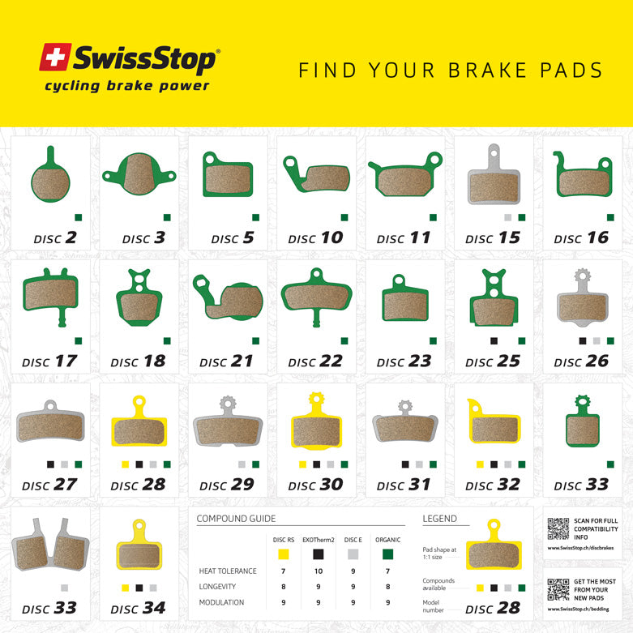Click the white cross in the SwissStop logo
click(x=54, y=58)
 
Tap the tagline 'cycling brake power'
click(x=126, y=86)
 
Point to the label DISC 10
click(x=315, y=238)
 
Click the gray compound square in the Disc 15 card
click(x=507, y=217)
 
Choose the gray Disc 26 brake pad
click(x=582, y=302)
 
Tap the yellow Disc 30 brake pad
click(x=316, y=425)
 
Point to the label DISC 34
click(x=139, y=608)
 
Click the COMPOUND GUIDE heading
click(x=236, y=519)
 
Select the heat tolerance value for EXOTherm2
click(x=318, y=571)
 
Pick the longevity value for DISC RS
click(x=282, y=586)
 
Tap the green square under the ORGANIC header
click(x=388, y=555)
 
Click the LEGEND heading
click(x=439, y=519)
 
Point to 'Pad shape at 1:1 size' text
click(x=440, y=553)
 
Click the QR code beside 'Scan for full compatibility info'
click(x=558, y=528)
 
